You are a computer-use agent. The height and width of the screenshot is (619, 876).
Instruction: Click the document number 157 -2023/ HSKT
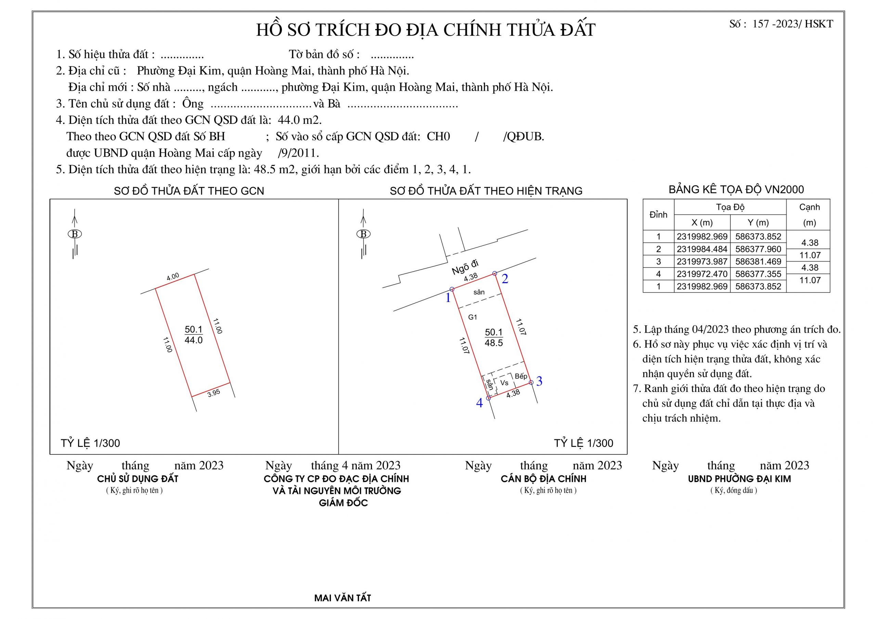point(792,24)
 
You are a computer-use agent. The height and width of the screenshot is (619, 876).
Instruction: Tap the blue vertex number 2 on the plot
point(505,279)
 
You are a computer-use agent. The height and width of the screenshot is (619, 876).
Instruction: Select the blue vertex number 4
point(480,403)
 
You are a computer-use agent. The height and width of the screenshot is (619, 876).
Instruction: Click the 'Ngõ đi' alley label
point(465,267)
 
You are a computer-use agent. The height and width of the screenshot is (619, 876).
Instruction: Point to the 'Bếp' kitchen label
point(521,376)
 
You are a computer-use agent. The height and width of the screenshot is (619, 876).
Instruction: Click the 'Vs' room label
point(504,383)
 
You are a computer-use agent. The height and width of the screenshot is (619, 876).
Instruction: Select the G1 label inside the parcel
point(472,317)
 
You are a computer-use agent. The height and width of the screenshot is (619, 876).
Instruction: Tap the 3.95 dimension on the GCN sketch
point(214,393)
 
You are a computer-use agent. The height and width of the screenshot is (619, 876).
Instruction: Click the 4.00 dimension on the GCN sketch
point(173,277)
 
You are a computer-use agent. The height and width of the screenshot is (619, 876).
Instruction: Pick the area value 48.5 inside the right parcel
point(494,343)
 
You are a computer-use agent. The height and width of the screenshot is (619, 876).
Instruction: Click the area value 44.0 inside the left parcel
point(193,340)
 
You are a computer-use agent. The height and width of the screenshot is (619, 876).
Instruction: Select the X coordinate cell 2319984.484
point(702,249)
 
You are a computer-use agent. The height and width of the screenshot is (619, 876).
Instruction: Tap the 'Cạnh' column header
point(809,207)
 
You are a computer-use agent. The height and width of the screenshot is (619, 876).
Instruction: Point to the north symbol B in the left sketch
point(75,234)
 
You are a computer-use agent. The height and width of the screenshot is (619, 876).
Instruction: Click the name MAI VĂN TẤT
point(342,598)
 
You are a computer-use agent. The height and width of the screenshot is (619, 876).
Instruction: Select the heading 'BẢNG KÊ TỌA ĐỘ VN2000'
point(736,189)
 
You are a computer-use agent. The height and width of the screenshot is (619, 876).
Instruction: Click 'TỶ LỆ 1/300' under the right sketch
point(583,443)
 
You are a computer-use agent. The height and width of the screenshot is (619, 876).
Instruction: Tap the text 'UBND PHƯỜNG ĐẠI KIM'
point(739,479)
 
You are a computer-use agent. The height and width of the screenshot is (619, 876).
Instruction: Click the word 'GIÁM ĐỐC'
point(343,503)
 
